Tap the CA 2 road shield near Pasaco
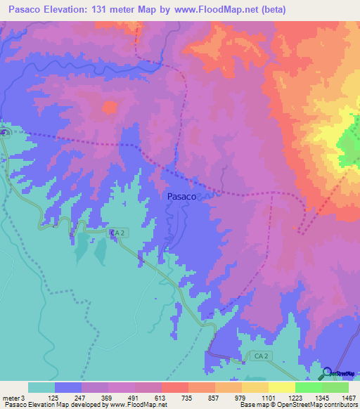pyautogui.click(x=117, y=231)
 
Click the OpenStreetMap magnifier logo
pyautogui.click(x=326, y=373)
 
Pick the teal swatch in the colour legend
pyautogui.click(x=41, y=387)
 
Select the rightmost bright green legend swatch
pyautogui.click(x=335, y=387)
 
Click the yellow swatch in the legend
pyautogui.click(x=282, y=387)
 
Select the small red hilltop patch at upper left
pyautogui.click(x=110, y=108)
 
